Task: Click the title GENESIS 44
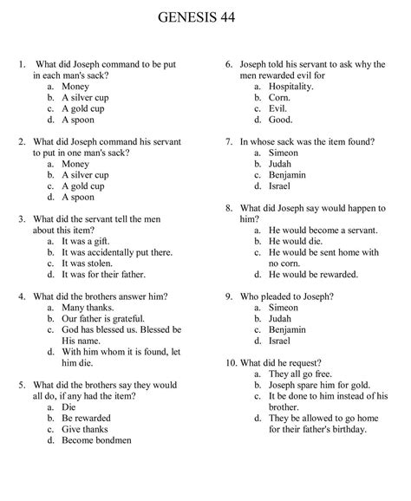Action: click(x=205, y=16)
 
